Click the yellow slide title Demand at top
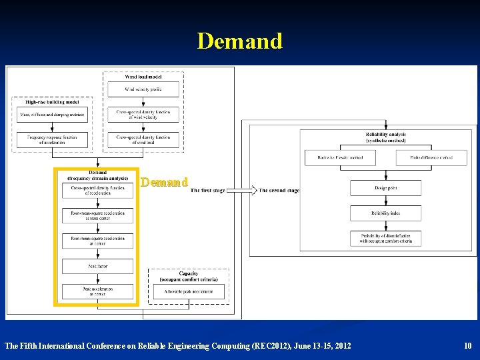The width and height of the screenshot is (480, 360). (240, 41)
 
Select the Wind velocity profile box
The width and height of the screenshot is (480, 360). (143, 89)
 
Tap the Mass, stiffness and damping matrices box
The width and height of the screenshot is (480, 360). (52, 114)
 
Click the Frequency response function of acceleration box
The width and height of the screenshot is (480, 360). (52, 139)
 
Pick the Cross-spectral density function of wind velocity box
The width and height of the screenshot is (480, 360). (143, 114)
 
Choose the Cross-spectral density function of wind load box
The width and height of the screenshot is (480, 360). (143, 139)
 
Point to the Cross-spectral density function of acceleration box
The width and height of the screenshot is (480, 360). (97, 191)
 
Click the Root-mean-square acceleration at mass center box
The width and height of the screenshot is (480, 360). (97, 215)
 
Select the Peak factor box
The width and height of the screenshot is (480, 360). (97, 266)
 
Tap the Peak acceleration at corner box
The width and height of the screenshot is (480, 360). (97, 291)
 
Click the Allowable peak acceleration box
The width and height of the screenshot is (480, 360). (189, 291)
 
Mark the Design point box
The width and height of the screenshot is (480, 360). (385, 188)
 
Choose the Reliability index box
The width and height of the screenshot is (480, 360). (385, 213)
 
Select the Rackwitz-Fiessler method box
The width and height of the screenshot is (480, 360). (340, 157)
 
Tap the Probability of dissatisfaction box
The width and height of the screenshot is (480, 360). (385, 238)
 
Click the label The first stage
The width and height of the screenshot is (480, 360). (207, 191)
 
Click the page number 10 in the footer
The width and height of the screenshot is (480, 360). (467, 345)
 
